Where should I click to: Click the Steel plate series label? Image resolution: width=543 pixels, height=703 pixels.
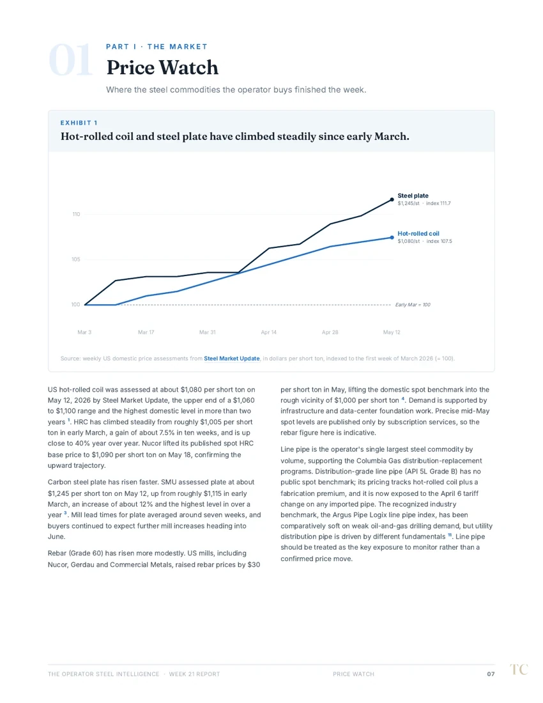(413, 196)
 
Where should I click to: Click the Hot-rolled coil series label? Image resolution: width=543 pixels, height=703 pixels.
(418, 233)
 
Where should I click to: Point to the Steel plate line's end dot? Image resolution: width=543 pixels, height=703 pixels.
(392, 199)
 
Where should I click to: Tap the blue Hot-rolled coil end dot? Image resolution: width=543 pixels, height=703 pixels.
(392, 238)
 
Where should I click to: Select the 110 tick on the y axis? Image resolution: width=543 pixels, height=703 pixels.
(76, 214)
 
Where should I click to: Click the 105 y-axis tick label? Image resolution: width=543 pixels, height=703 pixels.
(76, 259)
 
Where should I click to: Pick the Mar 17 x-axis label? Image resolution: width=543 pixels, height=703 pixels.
(146, 332)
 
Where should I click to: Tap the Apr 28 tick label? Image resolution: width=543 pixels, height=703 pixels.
(330, 332)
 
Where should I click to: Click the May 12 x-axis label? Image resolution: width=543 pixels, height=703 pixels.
(392, 332)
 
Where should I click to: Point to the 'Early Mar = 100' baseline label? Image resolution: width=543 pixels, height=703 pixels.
(413, 305)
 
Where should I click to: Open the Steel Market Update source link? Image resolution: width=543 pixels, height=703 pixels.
(232, 359)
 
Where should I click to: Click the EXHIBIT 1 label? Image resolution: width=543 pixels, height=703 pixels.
(79, 123)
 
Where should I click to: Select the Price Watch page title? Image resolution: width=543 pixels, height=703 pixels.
(162, 68)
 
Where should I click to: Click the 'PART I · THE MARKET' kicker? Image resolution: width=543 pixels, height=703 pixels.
(157, 47)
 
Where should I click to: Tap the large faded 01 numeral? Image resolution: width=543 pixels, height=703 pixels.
(70, 61)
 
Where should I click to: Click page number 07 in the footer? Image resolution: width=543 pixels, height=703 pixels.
(491, 674)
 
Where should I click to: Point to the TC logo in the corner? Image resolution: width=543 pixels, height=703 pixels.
(519, 669)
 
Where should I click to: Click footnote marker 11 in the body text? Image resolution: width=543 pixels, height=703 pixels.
(450, 534)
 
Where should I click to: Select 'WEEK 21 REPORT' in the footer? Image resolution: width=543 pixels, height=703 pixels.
(194, 674)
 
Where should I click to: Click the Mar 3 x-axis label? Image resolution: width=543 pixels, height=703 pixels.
(84, 332)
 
